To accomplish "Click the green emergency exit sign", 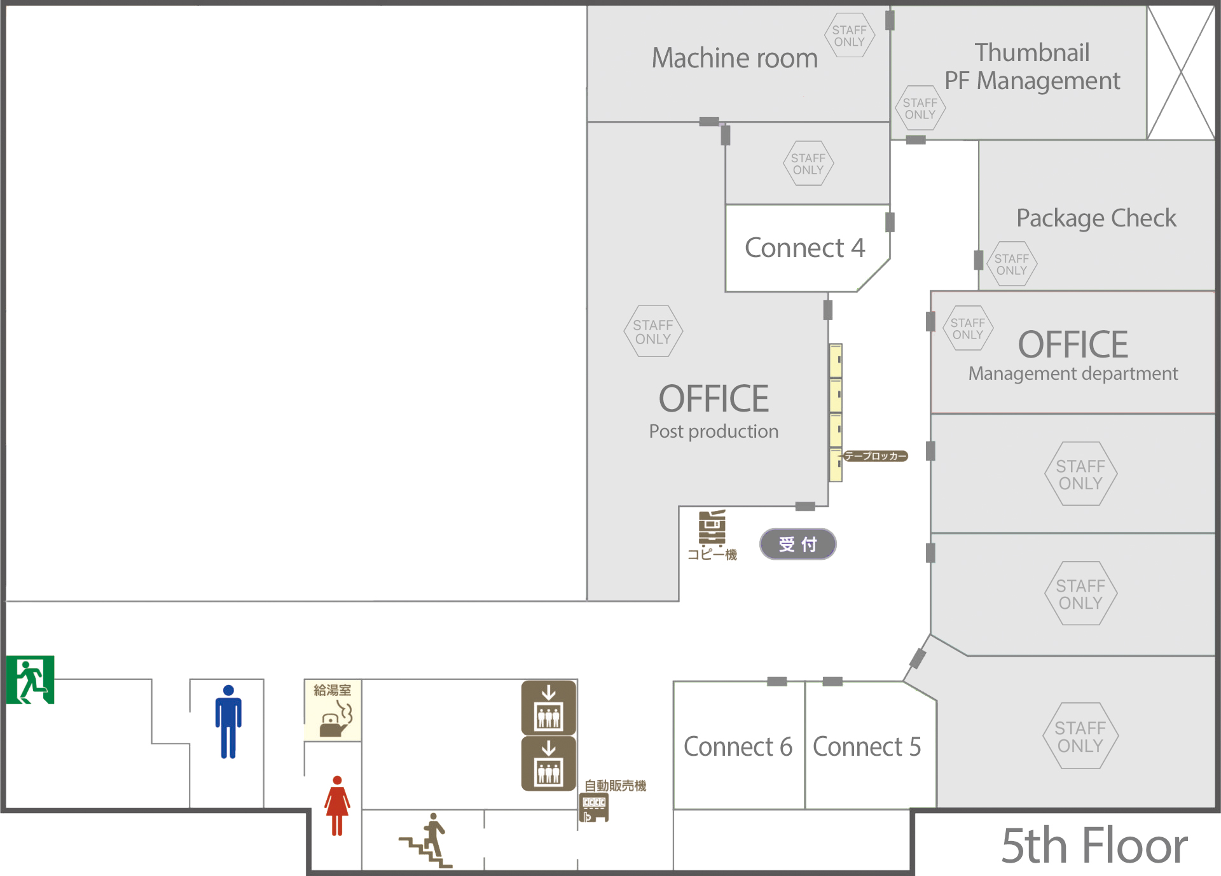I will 30,679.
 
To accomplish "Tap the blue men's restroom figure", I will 228,721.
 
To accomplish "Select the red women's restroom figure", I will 337,805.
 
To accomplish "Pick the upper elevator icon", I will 548,707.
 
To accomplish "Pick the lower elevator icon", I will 548,763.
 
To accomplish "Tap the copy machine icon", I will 712,527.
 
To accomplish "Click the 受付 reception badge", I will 797,545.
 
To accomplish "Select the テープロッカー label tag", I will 874,456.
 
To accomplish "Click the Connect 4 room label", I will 804,248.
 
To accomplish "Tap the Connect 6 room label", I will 738,747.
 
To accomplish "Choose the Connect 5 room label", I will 867,747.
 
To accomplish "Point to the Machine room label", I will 735,59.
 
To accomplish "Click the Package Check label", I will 1096,218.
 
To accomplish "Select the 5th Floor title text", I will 1094,846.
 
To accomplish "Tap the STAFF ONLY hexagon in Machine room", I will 849,36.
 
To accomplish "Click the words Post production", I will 714,431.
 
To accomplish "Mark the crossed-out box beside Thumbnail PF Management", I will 1181,73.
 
